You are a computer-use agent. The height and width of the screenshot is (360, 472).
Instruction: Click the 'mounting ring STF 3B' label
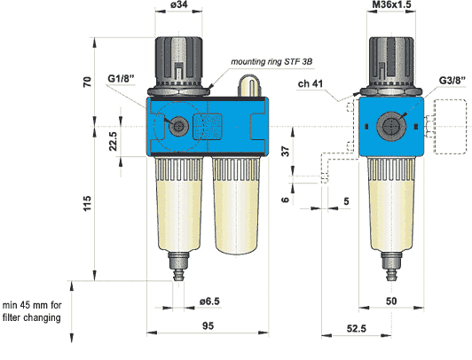click(272, 62)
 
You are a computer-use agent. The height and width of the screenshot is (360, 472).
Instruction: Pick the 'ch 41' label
click(311, 84)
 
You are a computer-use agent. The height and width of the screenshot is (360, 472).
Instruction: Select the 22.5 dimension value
click(112, 142)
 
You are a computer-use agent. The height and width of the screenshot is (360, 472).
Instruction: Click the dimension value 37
click(285, 152)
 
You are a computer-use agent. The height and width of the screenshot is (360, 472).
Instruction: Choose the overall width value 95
click(208, 326)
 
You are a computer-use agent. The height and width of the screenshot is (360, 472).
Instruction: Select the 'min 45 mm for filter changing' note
click(37, 310)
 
